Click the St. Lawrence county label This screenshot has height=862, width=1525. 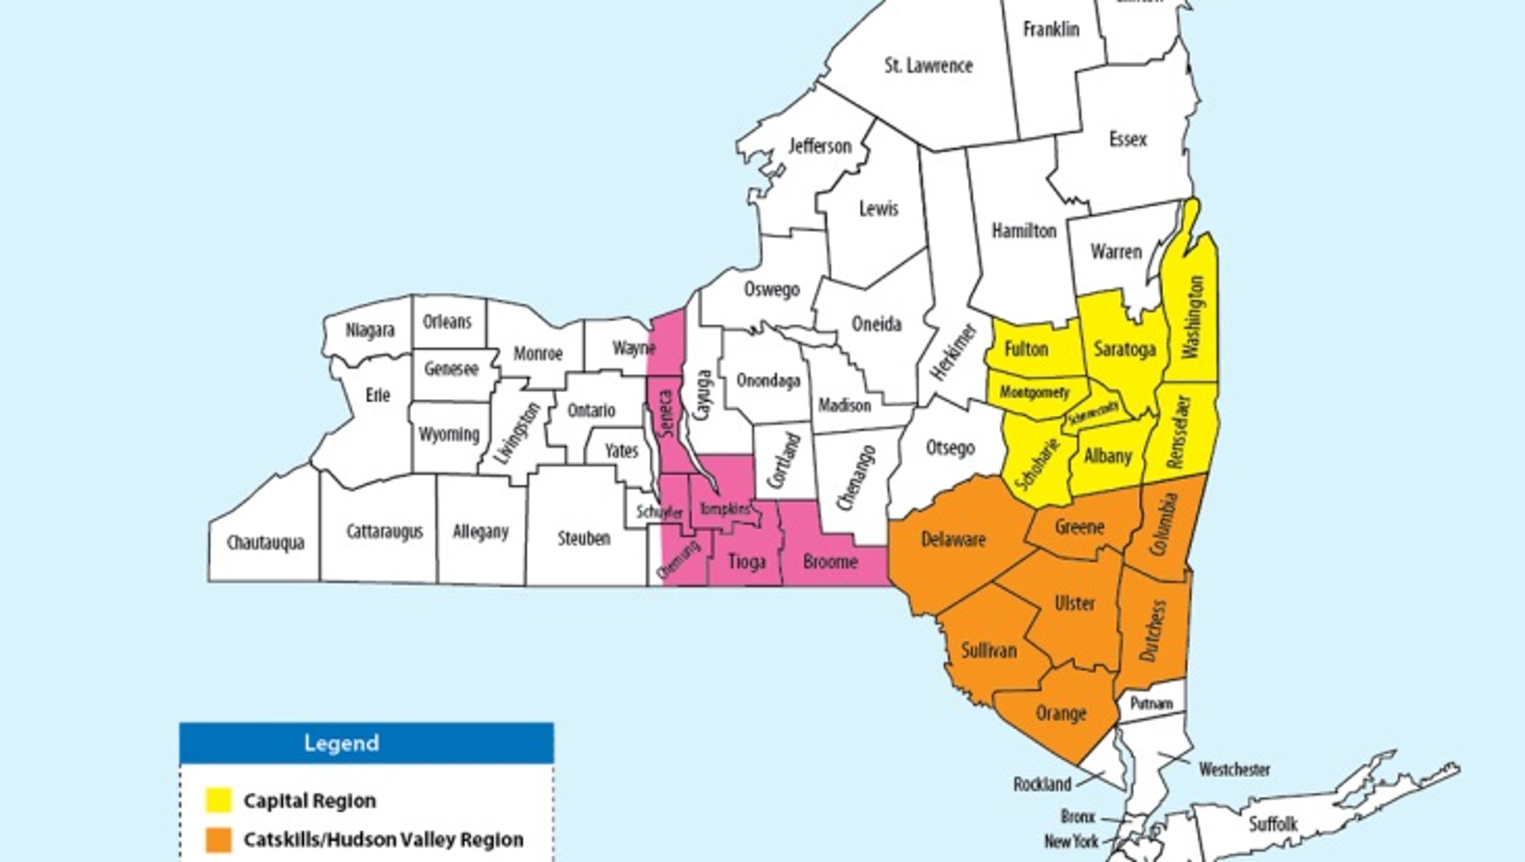click(928, 65)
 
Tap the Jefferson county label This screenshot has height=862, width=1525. click(820, 146)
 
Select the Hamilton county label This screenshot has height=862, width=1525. click(1024, 230)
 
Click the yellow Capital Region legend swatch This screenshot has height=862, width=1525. click(218, 800)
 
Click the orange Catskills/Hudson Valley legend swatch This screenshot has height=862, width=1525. click(218, 840)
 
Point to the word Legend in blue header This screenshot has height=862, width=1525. click(342, 743)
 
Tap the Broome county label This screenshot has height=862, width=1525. click(830, 561)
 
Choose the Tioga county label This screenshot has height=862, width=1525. click(746, 561)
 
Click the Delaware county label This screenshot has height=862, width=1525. click(953, 539)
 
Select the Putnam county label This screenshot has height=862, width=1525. click(1151, 703)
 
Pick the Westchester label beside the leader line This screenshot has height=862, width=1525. click(1234, 770)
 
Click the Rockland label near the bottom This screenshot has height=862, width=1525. click(1043, 785)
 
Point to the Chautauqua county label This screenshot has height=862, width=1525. click(266, 542)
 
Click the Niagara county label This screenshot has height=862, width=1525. click(370, 330)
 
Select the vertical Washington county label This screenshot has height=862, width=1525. click(1193, 317)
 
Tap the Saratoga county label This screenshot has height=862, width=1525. click(1125, 349)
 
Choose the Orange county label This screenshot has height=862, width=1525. click(1061, 713)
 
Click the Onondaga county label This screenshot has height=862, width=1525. click(768, 380)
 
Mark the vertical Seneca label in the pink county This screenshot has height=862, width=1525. click(667, 413)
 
